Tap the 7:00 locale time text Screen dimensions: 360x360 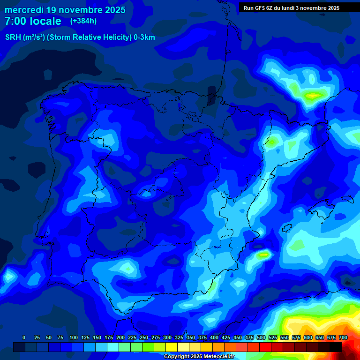(33, 21)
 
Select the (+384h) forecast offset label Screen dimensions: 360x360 (83, 21)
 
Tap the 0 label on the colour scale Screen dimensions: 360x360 (24, 337)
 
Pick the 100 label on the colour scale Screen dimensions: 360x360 (74, 337)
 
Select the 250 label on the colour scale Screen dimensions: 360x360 (144, 337)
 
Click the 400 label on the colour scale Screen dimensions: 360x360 (214, 337)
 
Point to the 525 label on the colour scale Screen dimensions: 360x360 (273, 337)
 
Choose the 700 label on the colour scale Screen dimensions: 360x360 (343, 337)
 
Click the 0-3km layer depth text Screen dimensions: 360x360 (144, 37)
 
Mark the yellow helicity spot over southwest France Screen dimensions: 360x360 (312, 96)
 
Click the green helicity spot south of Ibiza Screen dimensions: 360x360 (263, 255)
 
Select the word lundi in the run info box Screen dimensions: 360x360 (286, 7)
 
